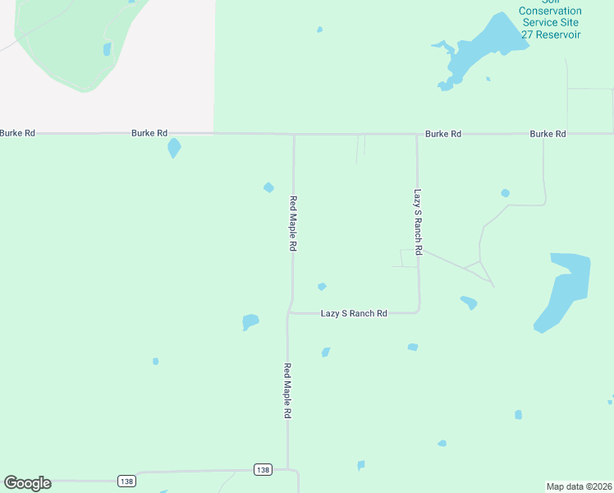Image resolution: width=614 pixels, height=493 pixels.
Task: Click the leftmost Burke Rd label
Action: (x=17, y=132)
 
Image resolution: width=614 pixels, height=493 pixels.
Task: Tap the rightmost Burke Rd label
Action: (x=548, y=133)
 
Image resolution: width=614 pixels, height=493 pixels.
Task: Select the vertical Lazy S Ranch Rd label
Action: (x=418, y=222)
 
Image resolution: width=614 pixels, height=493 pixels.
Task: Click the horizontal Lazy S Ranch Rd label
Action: (x=354, y=313)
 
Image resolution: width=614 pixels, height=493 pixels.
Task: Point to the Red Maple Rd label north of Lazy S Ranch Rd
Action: (x=293, y=223)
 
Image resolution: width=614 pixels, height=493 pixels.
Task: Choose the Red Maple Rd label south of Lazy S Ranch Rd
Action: (x=287, y=392)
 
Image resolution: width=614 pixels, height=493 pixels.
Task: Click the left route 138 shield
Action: (x=126, y=481)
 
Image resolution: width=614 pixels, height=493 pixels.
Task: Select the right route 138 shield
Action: (x=262, y=469)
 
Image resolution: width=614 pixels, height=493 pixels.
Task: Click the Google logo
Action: (x=27, y=483)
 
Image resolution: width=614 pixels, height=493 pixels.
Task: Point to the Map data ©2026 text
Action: (x=579, y=486)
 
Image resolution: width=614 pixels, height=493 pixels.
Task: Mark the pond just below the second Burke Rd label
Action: (x=174, y=148)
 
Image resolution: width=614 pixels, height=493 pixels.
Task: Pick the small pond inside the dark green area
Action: (x=107, y=48)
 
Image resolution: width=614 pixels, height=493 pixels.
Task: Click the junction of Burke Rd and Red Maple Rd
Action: (x=294, y=134)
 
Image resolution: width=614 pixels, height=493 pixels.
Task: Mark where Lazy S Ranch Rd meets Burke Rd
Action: (x=416, y=134)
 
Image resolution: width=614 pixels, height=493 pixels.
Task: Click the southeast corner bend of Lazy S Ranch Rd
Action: (x=419, y=311)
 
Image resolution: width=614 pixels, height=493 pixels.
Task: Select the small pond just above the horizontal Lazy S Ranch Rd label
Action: (x=322, y=287)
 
